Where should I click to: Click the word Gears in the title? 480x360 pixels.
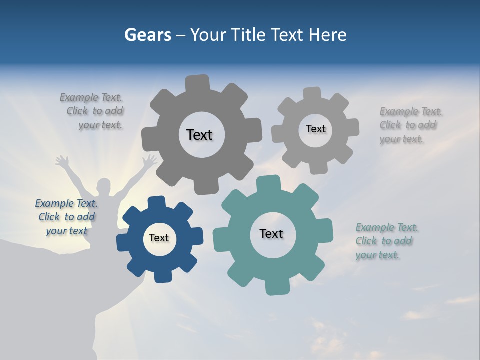[x=147, y=35]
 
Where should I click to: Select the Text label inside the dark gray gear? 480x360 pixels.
[x=199, y=135]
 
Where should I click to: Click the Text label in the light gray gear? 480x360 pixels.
[x=315, y=129]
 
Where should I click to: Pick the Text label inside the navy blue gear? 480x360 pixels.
[x=159, y=238]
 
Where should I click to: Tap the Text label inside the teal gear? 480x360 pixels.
[x=271, y=233]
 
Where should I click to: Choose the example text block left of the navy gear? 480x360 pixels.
[x=66, y=217]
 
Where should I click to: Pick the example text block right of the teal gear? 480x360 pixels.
[x=386, y=241]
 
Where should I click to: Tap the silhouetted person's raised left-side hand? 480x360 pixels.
[x=62, y=161]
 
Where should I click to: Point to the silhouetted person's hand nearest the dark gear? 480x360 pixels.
[x=149, y=160]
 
